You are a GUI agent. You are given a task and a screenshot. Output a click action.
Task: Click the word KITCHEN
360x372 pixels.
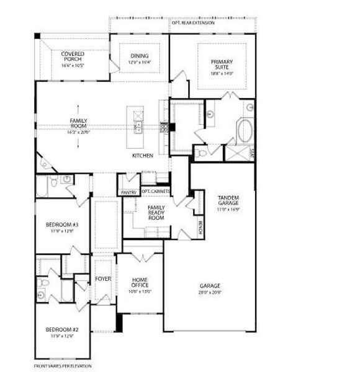pos(142,156)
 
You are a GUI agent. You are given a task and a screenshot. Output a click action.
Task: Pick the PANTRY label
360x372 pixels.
pos(128,193)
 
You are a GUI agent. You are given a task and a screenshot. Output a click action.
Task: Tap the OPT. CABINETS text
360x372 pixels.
pos(155,192)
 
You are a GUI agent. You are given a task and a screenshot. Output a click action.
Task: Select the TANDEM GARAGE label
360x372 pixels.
pos(228,201)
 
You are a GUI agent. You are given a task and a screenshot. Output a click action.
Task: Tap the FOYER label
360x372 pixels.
pos(102,279)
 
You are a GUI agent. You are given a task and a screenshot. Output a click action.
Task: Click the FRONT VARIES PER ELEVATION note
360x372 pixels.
pos(63,366)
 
